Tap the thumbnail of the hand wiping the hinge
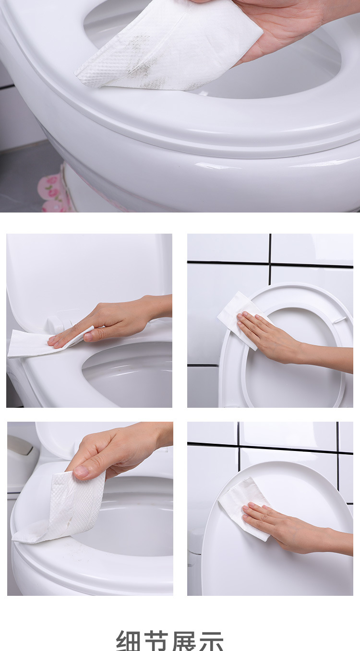pos(89,320)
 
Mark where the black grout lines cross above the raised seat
pos(270,263)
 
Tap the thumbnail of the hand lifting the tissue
pos(90,509)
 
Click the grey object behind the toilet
pos(22,453)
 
